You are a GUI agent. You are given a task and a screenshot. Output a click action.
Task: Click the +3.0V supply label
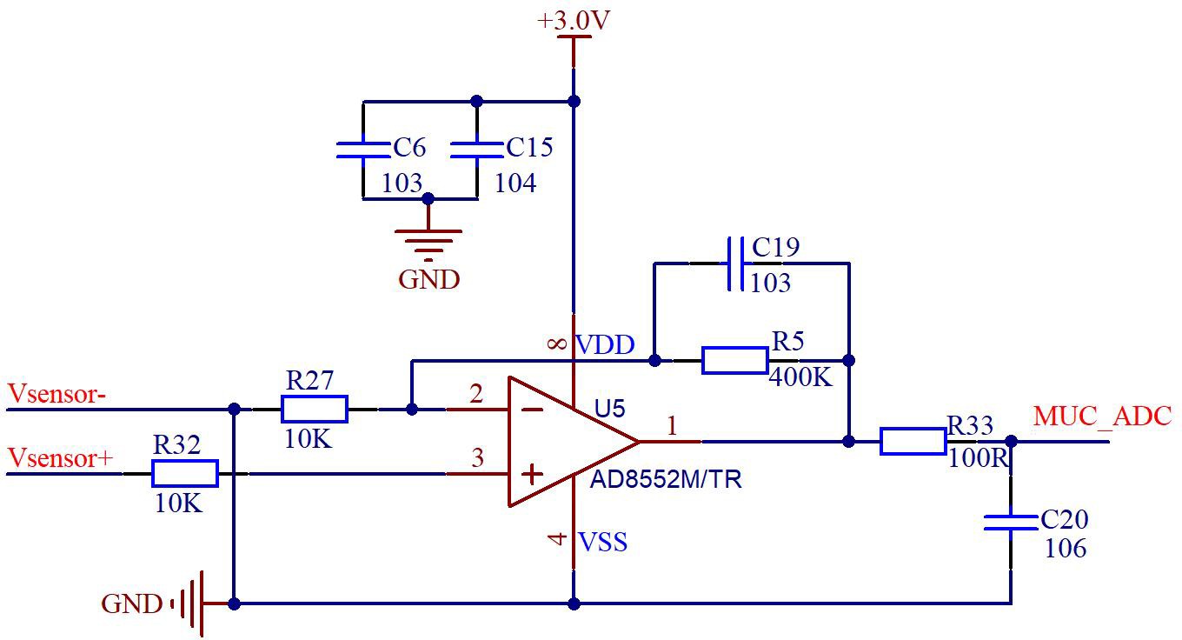tap(574, 20)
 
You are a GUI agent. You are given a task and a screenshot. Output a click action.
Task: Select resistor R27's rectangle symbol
tap(315, 410)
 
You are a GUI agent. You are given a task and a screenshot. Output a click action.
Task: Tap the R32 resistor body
tap(185, 474)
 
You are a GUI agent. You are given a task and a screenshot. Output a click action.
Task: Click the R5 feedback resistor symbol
tap(735, 361)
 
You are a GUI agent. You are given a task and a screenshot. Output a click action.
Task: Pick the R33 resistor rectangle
tap(913, 442)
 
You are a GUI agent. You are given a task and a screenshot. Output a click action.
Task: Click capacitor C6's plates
tap(362, 150)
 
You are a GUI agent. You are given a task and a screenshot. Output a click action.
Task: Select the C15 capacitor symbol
tap(476, 150)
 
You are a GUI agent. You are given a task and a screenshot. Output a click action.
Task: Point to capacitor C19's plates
tap(735, 263)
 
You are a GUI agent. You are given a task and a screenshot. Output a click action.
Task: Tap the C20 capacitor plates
tap(1011, 523)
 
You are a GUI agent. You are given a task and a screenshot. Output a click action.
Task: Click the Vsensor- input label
tap(57, 394)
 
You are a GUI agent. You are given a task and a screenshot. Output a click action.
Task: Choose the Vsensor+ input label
tap(60, 457)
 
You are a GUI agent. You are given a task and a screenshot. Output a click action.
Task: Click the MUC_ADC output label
tap(1102, 417)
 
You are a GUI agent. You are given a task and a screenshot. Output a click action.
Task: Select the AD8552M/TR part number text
tap(666, 479)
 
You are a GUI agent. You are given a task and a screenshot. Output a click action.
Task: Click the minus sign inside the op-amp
tap(532, 410)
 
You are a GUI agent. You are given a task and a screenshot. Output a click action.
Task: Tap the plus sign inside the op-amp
tap(532, 474)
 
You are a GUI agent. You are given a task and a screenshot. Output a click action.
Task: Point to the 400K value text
tap(800, 377)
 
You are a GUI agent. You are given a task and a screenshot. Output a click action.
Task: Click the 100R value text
tap(979, 458)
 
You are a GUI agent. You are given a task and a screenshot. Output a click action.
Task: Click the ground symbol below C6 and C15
tap(428, 245)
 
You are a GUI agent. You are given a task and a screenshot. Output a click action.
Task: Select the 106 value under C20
tap(1066, 548)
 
